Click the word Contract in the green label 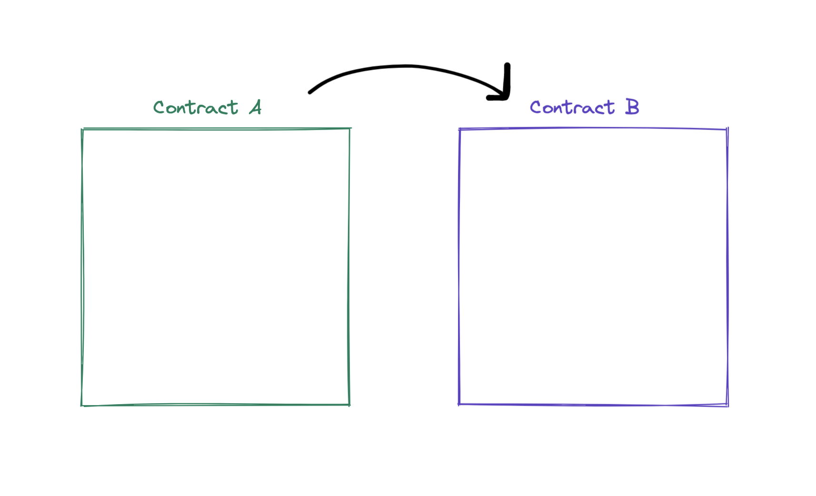(x=196, y=108)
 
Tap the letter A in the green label (x=255, y=107)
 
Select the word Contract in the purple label (x=572, y=108)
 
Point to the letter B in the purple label (x=632, y=107)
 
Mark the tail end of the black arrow (x=309, y=92)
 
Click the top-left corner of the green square (x=82, y=129)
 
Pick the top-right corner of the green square (x=350, y=129)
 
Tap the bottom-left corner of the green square (x=82, y=406)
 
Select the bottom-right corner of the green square (x=349, y=405)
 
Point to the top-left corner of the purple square (x=460, y=129)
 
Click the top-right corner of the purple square (x=727, y=129)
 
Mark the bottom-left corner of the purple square (x=459, y=404)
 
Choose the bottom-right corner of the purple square (x=727, y=406)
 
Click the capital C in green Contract (x=159, y=108)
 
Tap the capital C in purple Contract (x=536, y=108)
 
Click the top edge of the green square (x=216, y=129)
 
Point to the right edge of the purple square (x=727, y=267)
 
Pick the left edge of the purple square (x=459, y=267)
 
